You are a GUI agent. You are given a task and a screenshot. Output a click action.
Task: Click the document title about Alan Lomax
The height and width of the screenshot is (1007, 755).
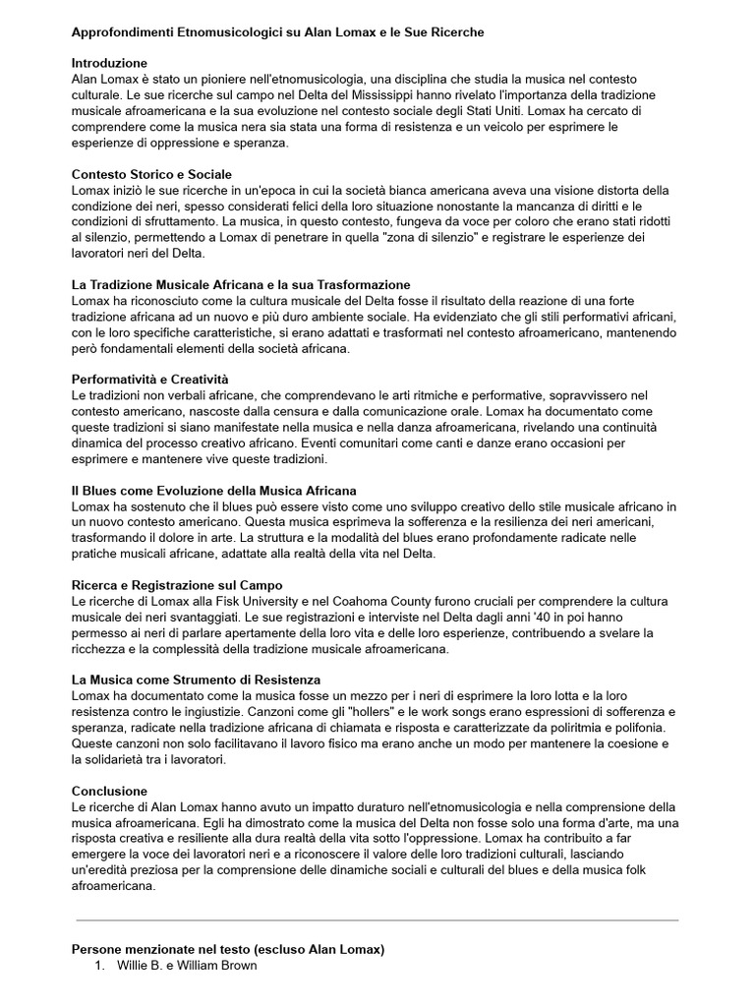(278, 32)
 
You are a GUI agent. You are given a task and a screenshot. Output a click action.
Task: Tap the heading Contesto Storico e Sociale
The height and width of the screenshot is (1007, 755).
(151, 174)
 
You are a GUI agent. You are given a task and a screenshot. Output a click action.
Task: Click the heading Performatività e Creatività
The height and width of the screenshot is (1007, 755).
(149, 379)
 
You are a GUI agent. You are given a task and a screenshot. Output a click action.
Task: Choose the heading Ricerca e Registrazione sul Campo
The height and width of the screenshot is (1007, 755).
(177, 585)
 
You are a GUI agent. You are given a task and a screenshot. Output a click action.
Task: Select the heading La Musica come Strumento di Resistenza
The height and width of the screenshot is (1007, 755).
(197, 680)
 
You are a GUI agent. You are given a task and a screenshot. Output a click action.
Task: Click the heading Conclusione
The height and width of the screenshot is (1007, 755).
(109, 791)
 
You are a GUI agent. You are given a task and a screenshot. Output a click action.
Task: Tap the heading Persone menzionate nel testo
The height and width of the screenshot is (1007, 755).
(228, 949)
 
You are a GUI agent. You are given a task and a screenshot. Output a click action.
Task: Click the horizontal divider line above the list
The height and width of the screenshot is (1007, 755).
(377, 920)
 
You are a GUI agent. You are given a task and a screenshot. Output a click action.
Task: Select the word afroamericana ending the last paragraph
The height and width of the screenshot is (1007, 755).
(114, 885)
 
